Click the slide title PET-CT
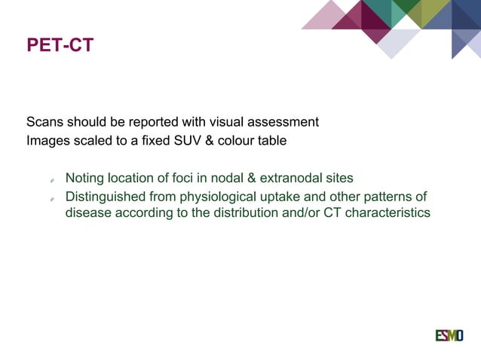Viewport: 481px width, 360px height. tap(60, 46)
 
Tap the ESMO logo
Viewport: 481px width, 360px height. tap(449, 335)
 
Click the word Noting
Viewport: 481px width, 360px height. tap(84, 178)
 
